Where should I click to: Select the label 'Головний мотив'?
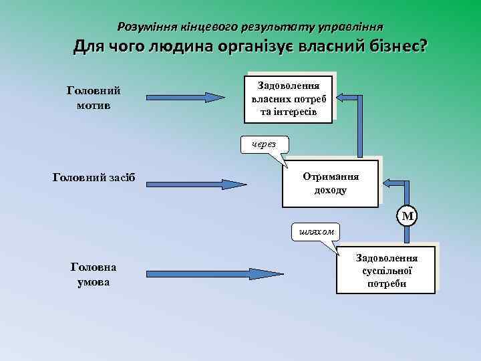coord(94,98)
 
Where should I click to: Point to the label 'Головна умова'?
coord(93,274)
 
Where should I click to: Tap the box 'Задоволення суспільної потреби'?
coord(386,269)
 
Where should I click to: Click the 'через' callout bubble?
coord(265,144)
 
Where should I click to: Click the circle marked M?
coord(406,215)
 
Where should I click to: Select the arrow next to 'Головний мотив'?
coord(183,98)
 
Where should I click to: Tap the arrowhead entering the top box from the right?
coord(341,98)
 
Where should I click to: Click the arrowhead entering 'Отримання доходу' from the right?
coord(388,183)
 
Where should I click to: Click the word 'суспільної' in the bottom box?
coord(386,270)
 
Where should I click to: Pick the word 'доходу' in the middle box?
coord(330,190)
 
